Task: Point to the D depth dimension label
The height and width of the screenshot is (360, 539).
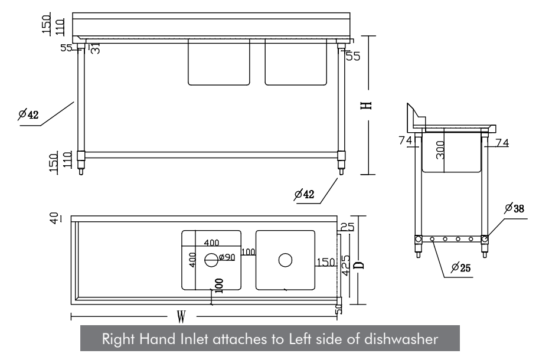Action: (358, 263)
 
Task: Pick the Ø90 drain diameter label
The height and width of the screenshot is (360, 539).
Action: (228, 257)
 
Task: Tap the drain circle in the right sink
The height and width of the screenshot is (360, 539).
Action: (286, 259)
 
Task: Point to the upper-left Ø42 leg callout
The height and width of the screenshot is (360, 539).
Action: (28, 114)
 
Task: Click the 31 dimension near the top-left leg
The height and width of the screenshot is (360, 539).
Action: (94, 48)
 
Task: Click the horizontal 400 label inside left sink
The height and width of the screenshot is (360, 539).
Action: (212, 243)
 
